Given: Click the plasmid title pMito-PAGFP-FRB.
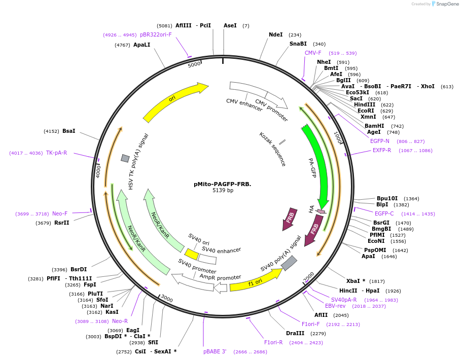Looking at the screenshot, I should coord(223,184).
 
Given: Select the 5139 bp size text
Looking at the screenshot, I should coord(223,191).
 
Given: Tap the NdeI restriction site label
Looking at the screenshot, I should coord(275,34).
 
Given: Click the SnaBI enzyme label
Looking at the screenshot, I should coord(298,44).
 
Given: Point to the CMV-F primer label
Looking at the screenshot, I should coord(313,53).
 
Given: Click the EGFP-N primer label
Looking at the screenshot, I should coord(380,141).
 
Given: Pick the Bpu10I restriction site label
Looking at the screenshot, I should coord(387,198).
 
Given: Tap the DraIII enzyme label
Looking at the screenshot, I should coord(295,333).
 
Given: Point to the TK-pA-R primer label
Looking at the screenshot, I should coord(56,153).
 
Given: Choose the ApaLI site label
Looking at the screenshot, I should coord(141,45).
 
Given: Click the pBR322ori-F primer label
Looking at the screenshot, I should coord(156,34).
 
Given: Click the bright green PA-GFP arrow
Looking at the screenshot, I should coord(317,162).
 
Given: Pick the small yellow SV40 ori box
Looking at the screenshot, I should coord(191,254).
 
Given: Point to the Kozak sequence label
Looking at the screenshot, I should coord(272,149).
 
